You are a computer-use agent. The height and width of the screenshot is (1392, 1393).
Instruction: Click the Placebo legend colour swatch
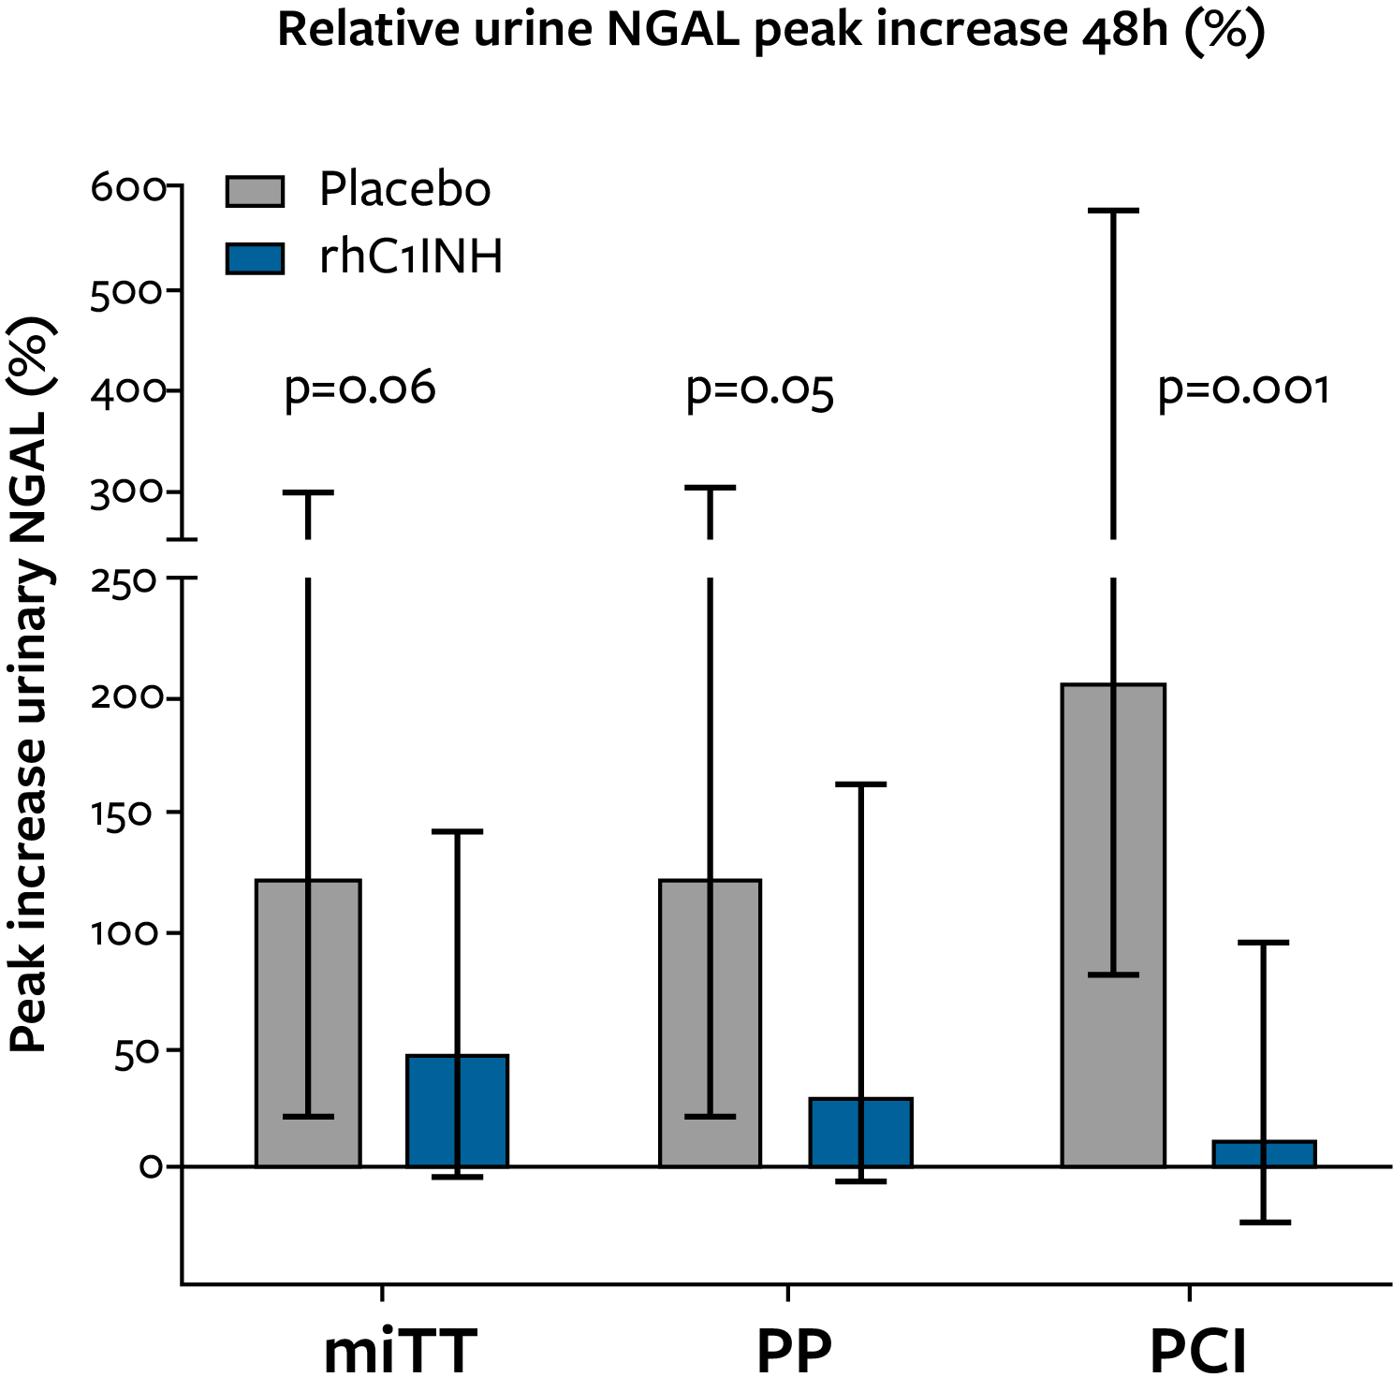255,191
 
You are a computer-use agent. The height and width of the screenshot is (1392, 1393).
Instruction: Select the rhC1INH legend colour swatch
255,258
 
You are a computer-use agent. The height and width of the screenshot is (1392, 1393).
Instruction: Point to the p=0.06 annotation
359,388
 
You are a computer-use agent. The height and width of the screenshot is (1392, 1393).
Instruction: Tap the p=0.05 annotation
759,389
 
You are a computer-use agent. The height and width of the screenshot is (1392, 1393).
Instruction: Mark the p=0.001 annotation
1243,388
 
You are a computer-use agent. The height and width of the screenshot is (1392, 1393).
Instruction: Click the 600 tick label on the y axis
128,188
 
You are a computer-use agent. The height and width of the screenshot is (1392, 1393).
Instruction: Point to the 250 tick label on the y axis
123,580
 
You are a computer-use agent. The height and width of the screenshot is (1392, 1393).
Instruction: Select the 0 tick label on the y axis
151,1166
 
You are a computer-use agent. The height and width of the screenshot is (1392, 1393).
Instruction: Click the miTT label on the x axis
400,1352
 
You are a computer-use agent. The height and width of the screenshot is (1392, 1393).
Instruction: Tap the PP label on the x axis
794,1352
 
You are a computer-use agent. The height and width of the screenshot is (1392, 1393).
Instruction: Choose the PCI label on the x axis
1198,1352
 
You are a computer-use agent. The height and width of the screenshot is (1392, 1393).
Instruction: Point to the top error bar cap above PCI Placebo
1113,211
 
